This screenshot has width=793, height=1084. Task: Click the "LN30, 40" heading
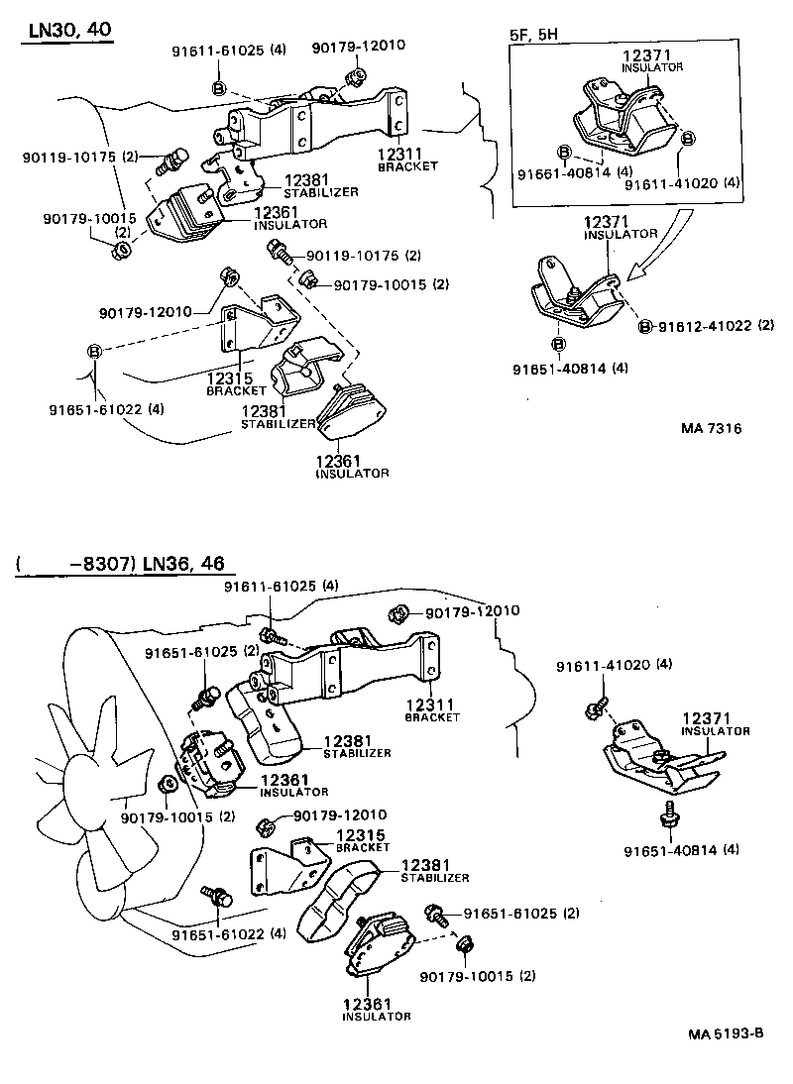click(x=67, y=31)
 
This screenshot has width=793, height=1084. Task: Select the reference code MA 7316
click(x=711, y=428)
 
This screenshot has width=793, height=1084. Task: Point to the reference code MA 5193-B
click(x=726, y=1032)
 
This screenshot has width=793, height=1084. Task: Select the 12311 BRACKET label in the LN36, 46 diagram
click(x=431, y=708)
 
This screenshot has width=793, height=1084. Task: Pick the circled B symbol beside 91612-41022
click(x=644, y=325)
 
